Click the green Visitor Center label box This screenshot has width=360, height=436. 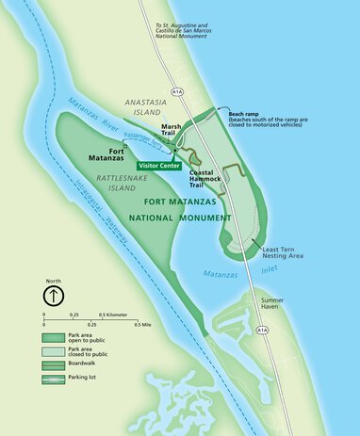[158, 166]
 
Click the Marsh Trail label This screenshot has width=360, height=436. [172, 131]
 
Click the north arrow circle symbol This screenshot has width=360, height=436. [56, 295]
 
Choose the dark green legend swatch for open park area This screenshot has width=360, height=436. [53, 336]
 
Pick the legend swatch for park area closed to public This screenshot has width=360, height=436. [53, 350]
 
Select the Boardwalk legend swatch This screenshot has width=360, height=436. [53, 363]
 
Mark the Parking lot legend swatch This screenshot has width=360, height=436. [53, 378]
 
